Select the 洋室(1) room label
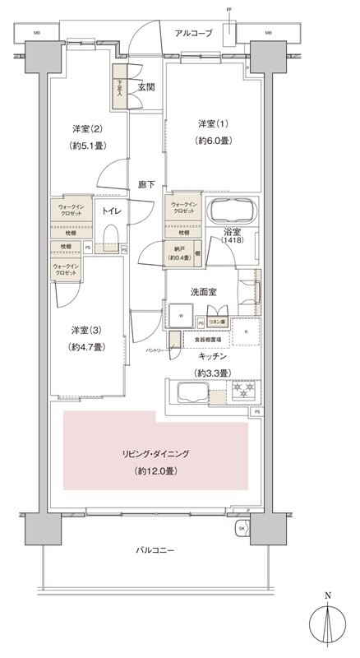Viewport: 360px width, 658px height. (x=210, y=123)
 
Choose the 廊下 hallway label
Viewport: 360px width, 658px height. (x=146, y=186)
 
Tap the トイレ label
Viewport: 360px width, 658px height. (x=112, y=211)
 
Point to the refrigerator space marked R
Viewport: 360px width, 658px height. (x=246, y=332)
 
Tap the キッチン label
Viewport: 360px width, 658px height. (x=210, y=356)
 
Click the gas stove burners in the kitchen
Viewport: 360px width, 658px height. (x=244, y=389)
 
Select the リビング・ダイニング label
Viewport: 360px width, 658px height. (x=157, y=453)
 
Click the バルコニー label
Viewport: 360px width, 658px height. (x=154, y=549)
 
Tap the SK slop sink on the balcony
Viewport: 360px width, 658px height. (x=242, y=529)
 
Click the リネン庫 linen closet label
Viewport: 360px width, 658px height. (x=217, y=322)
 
